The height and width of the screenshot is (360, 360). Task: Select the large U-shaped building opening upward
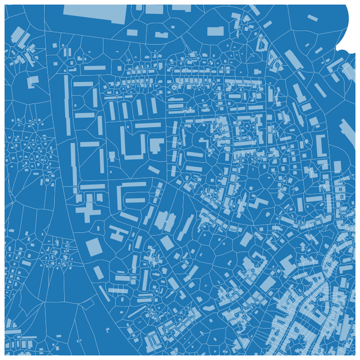(133, 144)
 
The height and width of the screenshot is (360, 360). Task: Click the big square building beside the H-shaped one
(94, 246)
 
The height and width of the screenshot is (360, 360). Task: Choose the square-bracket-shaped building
(322, 146)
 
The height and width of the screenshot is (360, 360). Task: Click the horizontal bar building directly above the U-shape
(148, 125)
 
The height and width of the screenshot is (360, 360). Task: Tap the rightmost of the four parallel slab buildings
(154, 106)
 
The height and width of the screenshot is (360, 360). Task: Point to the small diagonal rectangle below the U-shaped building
(154, 170)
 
